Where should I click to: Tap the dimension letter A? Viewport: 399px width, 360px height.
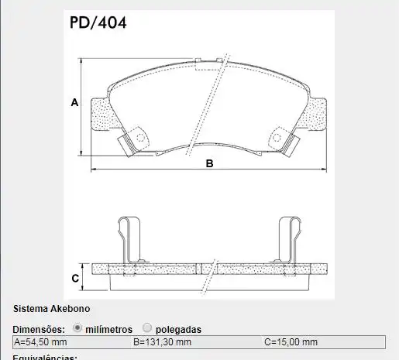click(74, 102)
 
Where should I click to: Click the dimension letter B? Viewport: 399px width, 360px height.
click(209, 163)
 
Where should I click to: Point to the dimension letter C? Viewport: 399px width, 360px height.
click(75, 278)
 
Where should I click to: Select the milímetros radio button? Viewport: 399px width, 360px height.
click(77, 328)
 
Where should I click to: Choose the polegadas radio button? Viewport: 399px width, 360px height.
click(147, 328)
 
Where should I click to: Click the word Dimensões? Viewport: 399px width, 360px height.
click(39, 329)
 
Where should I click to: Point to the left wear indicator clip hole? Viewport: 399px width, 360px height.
click(140, 138)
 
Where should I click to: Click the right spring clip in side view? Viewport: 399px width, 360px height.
click(288, 240)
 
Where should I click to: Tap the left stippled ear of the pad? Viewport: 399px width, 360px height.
click(100, 116)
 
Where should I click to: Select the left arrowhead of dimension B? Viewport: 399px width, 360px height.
click(95, 168)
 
